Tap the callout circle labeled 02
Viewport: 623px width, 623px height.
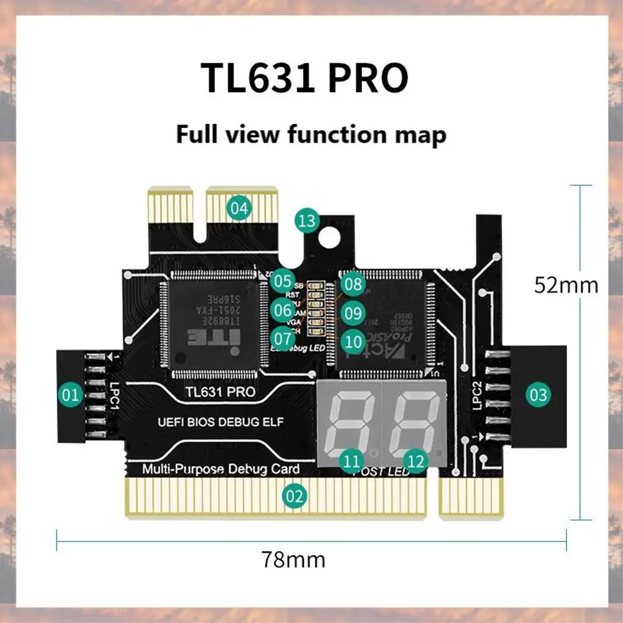coord(295,496)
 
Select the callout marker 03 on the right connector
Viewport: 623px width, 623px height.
coord(539,394)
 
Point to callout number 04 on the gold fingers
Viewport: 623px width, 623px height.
coord(239,207)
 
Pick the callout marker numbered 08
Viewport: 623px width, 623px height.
coord(353,285)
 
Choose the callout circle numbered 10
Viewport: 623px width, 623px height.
coord(353,340)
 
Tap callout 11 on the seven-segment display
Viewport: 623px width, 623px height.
coord(353,461)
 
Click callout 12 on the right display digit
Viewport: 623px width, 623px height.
coord(416,461)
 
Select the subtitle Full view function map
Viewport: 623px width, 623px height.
coord(311,134)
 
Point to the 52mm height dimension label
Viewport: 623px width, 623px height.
coord(566,285)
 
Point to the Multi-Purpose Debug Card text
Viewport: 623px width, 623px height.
coord(221,468)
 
